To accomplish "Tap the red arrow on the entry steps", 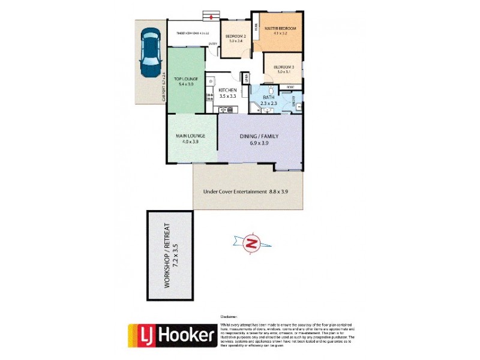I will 211,16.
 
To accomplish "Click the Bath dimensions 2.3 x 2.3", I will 268,103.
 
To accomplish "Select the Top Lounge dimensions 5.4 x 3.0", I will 185,85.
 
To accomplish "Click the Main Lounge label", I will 191,136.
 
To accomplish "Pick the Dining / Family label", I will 260,136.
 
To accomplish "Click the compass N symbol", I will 253,243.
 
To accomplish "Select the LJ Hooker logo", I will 172,336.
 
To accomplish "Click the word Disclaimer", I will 230,316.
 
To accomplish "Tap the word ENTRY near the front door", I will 212,44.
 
